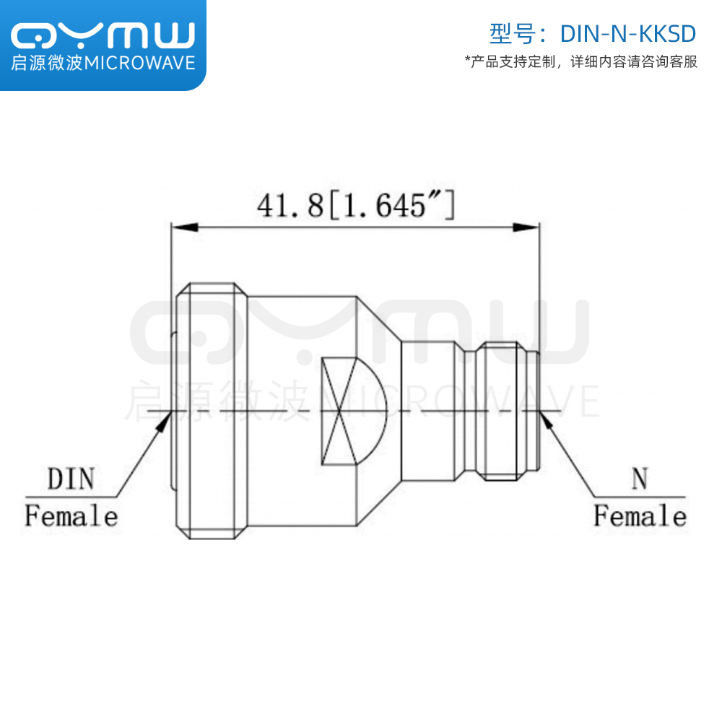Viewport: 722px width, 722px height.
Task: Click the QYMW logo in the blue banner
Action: [x=103, y=35]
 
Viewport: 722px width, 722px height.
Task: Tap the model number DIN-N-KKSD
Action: [x=627, y=34]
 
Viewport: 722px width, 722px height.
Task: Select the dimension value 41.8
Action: [x=290, y=205]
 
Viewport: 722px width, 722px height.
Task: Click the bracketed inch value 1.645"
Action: [x=391, y=205]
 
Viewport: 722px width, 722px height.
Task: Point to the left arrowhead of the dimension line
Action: [x=185, y=227]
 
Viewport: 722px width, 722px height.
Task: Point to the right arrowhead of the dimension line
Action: [x=526, y=227]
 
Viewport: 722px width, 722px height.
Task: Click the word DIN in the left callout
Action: [x=71, y=479]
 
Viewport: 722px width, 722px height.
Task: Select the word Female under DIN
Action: [x=71, y=516]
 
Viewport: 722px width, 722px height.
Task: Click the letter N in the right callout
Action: [x=640, y=479]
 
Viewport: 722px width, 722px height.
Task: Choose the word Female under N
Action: [x=640, y=516]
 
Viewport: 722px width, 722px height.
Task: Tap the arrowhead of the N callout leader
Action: [x=546, y=420]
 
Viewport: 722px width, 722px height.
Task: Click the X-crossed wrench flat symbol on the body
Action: [x=339, y=412]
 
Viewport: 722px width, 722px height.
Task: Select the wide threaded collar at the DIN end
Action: [x=212, y=411]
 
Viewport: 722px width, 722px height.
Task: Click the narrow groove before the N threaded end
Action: [x=470, y=412]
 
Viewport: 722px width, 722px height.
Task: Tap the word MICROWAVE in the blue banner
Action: [x=140, y=63]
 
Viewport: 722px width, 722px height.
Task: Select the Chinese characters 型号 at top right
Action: [x=513, y=34]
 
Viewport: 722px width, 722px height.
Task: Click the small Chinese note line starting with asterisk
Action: [x=581, y=61]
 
